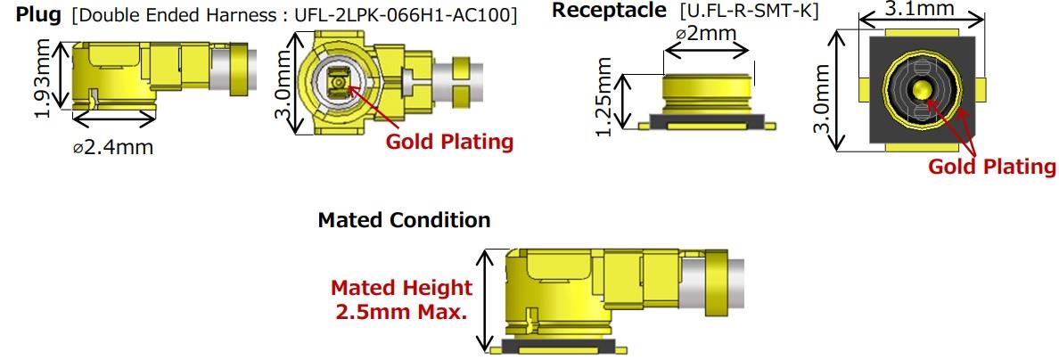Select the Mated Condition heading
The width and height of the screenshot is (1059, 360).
pyautogui.click(x=404, y=220)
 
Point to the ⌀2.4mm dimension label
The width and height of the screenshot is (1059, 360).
pyautogui.click(x=112, y=147)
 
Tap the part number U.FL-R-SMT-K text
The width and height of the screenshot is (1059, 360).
pyautogui.click(x=748, y=12)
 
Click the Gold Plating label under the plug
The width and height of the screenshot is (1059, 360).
pyautogui.click(x=448, y=142)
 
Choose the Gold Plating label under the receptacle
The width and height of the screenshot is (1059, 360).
pyautogui.click(x=991, y=167)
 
